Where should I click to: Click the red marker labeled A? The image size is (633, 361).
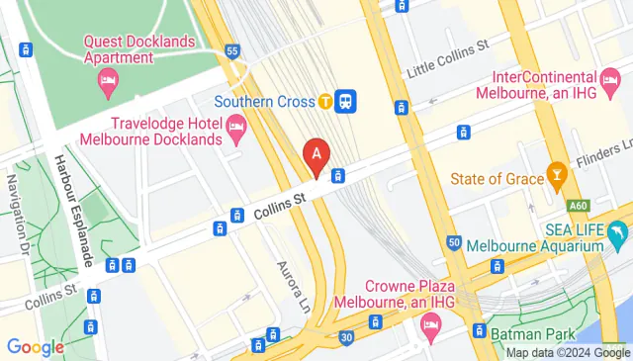pyautogui.click(x=316, y=155)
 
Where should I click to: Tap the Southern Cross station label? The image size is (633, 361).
pyautogui.click(x=264, y=100)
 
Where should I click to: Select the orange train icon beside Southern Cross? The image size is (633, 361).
pyautogui.click(x=324, y=100)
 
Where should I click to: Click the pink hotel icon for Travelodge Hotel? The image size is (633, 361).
pyautogui.click(x=236, y=125)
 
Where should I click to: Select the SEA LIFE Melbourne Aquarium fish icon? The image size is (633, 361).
pyautogui.click(x=618, y=235)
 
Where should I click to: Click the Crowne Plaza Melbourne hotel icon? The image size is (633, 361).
pyautogui.click(x=430, y=323)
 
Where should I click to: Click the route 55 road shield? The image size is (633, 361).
pyautogui.click(x=232, y=50)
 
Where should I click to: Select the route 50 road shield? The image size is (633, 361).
pyautogui.click(x=454, y=242)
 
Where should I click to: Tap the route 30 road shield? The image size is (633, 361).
pyautogui.click(x=346, y=337)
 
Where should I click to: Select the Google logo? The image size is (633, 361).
pyautogui.click(x=35, y=346)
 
